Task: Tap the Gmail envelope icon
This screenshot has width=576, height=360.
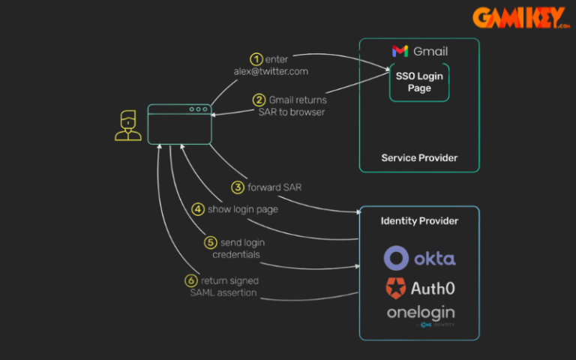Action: [x=400, y=51]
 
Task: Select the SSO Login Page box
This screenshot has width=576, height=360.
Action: [x=419, y=82]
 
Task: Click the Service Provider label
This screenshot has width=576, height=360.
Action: [x=419, y=157]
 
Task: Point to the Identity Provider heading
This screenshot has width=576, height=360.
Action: [x=419, y=220]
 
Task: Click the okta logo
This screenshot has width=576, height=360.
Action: [x=419, y=259]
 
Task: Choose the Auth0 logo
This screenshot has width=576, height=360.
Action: [x=419, y=286]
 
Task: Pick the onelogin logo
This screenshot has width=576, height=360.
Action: [x=420, y=313]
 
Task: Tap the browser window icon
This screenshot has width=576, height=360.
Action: [x=179, y=124]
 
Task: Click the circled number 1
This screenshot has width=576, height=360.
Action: [x=256, y=58]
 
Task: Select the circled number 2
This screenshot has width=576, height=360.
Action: [x=259, y=100]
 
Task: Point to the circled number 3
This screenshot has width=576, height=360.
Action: [x=237, y=187]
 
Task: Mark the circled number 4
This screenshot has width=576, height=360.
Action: [x=198, y=209]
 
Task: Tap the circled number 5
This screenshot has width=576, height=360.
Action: [x=211, y=243]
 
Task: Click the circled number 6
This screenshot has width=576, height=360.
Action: [x=191, y=280]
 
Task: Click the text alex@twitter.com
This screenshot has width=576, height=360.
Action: [x=270, y=71]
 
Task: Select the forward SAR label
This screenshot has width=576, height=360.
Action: [x=274, y=187]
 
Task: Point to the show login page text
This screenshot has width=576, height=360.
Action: [x=243, y=209]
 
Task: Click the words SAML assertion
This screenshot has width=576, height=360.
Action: [x=223, y=292]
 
